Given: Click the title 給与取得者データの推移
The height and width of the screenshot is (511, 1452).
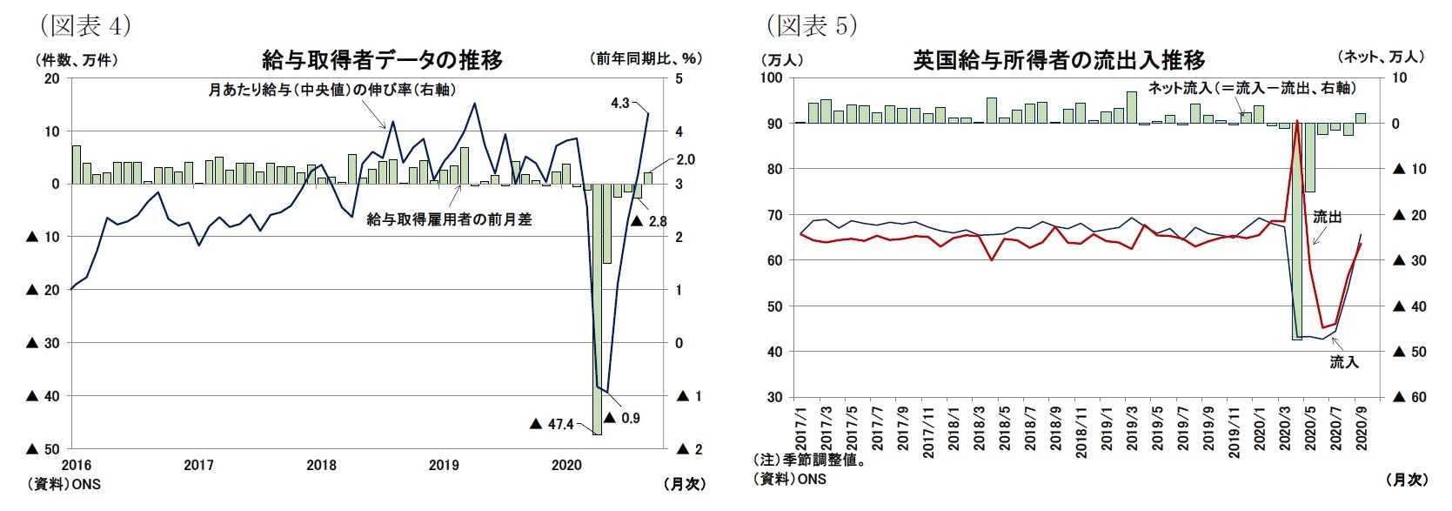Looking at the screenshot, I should [382, 59].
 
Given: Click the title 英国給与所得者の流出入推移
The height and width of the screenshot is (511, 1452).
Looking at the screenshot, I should [1059, 60].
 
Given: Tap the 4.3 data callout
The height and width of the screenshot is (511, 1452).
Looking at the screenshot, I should [619, 103].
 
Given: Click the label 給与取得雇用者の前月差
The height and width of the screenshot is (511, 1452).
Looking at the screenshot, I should [449, 219].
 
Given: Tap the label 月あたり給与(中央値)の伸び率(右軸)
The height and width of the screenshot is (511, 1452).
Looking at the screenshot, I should [331, 90].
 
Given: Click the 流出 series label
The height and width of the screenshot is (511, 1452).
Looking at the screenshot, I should [1327, 217].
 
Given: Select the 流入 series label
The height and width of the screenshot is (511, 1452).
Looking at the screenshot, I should [1343, 361].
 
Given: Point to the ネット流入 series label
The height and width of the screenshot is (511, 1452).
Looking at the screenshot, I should [1251, 88].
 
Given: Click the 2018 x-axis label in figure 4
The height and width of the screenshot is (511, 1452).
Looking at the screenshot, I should [321, 465].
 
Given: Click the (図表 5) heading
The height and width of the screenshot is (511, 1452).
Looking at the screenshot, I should [811, 25].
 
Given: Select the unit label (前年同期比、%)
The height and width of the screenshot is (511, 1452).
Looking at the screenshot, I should [646, 59].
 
